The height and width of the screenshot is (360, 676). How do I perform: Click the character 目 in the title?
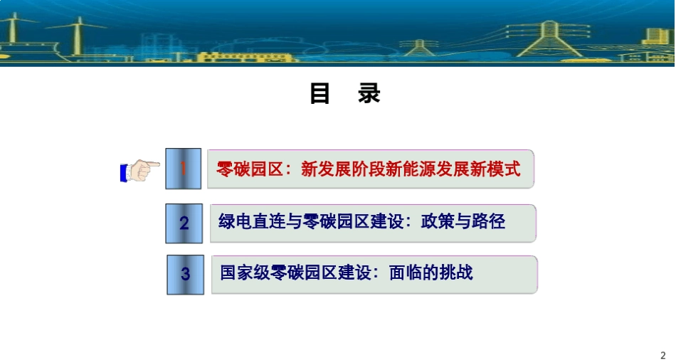point(320,95)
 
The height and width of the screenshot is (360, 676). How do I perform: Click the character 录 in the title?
point(369,95)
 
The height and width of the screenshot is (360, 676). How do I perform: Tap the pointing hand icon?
point(139,171)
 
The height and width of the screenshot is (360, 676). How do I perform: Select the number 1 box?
point(184,169)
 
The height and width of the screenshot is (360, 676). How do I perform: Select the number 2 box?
point(184,223)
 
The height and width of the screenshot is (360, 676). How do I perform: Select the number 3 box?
point(185,274)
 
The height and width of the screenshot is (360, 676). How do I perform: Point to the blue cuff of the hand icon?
point(124,172)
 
